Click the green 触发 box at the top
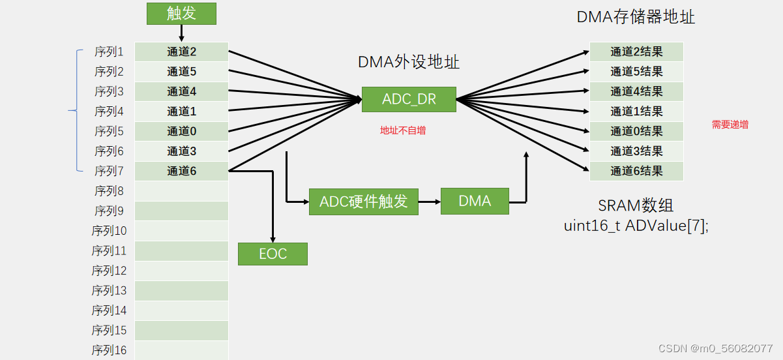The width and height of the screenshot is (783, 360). click(x=181, y=14)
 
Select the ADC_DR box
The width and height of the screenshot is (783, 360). click(x=409, y=99)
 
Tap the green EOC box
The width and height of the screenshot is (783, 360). click(x=273, y=254)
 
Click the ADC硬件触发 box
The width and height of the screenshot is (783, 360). click(x=363, y=202)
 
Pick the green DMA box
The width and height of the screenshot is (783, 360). click(x=474, y=202)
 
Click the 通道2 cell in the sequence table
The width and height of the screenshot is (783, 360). click(x=181, y=52)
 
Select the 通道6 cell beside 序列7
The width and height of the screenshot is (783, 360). click(x=181, y=171)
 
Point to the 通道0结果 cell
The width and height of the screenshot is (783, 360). click(x=636, y=131)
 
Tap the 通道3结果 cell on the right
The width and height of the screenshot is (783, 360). click(x=636, y=151)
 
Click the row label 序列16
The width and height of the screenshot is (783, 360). click(x=110, y=350)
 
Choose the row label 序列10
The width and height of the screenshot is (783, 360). click(x=110, y=231)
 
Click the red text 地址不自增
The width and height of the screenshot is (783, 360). click(x=403, y=130)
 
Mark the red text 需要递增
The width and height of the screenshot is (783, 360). click(x=730, y=125)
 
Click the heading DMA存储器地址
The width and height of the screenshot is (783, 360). click(x=636, y=17)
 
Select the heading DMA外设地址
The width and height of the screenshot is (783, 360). click(x=409, y=63)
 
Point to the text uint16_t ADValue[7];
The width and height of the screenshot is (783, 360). click(x=636, y=226)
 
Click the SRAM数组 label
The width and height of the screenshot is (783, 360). click(x=636, y=206)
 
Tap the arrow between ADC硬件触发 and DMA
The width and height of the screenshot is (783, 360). click(x=429, y=202)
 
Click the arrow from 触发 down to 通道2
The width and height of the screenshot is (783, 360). click(x=181, y=33)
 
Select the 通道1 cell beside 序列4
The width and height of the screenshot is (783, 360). click(x=181, y=112)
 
